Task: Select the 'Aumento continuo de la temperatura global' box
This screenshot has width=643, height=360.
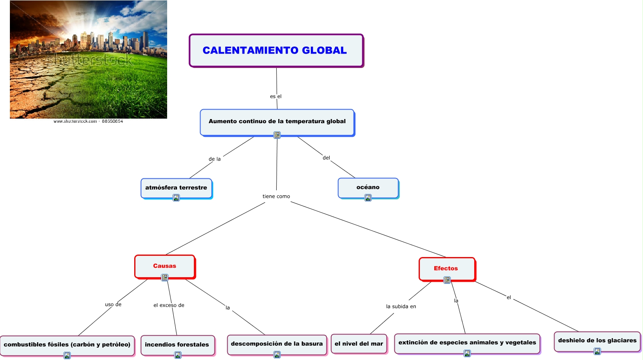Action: [277, 122]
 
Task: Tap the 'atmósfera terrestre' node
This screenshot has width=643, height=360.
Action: [176, 188]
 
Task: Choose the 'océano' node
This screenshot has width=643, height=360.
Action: [368, 187]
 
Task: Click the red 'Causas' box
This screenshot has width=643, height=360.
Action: [165, 266]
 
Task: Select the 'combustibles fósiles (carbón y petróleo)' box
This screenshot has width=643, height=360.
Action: [67, 345]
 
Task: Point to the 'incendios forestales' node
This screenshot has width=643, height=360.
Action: [177, 345]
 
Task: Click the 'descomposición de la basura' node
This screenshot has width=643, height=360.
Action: [277, 344]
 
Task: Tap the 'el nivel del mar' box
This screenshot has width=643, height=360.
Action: [359, 344]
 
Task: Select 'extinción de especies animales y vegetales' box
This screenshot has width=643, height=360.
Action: [467, 343]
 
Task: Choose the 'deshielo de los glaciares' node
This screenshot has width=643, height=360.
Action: [597, 341]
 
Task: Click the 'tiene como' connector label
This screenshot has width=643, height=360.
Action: [276, 196]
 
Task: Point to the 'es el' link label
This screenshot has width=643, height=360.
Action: [276, 96]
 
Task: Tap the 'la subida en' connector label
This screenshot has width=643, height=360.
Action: [401, 306]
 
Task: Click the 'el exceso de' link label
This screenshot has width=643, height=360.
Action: [169, 305]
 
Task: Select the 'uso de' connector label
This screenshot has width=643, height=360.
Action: [113, 304]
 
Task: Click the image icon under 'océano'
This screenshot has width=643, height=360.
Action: [368, 198]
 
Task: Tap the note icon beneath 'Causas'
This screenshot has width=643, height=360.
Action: [165, 278]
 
